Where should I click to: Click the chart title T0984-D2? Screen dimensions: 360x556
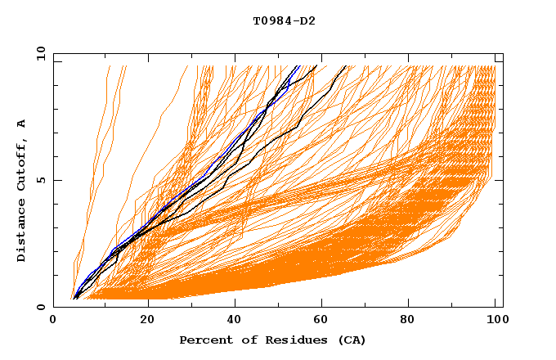(284, 20)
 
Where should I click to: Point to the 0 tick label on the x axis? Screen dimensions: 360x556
(53, 321)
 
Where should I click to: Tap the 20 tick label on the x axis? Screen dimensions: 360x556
(146, 321)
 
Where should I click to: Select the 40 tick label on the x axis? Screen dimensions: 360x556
(235, 321)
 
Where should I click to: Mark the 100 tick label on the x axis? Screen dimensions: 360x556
(496, 321)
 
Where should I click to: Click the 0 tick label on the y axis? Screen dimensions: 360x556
(40, 308)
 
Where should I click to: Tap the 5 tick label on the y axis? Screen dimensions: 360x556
(40, 180)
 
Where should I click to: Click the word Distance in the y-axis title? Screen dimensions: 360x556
(21, 231)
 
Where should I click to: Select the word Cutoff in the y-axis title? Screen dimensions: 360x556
(21, 164)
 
